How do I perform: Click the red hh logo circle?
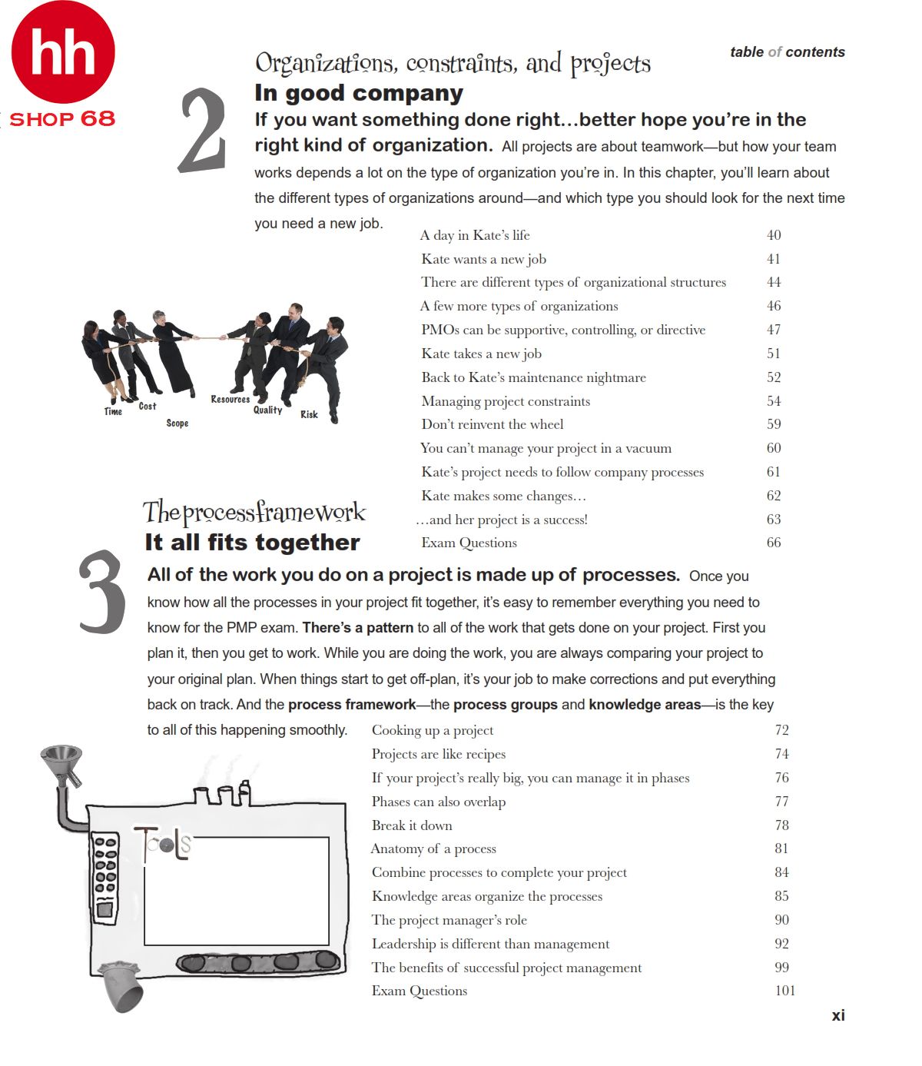(x=63, y=52)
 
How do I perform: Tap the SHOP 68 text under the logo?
(x=61, y=119)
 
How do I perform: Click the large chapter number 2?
(x=203, y=131)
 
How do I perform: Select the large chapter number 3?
(x=101, y=593)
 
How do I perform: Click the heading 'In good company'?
(x=359, y=94)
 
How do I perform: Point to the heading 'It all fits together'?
(x=252, y=543)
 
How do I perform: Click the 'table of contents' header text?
(x=787, y=52)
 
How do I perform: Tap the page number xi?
(x=837, y=1015)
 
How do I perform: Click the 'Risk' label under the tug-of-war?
(x=309, y=414)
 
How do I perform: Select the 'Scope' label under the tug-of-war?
(x=177, y=423)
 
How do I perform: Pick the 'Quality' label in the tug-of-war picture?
(x=267, y=410)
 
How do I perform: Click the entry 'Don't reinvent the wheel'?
(x=492, y=424)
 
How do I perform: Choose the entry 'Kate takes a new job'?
(x=481, y=354)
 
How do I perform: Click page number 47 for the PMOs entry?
(x=773, y=330)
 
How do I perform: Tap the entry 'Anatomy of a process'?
(x=433, y=848)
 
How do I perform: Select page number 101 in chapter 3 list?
(x=784, y=991)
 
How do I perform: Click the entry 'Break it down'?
(x=412, y=825)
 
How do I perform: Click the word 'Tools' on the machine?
(x=162, y=843)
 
